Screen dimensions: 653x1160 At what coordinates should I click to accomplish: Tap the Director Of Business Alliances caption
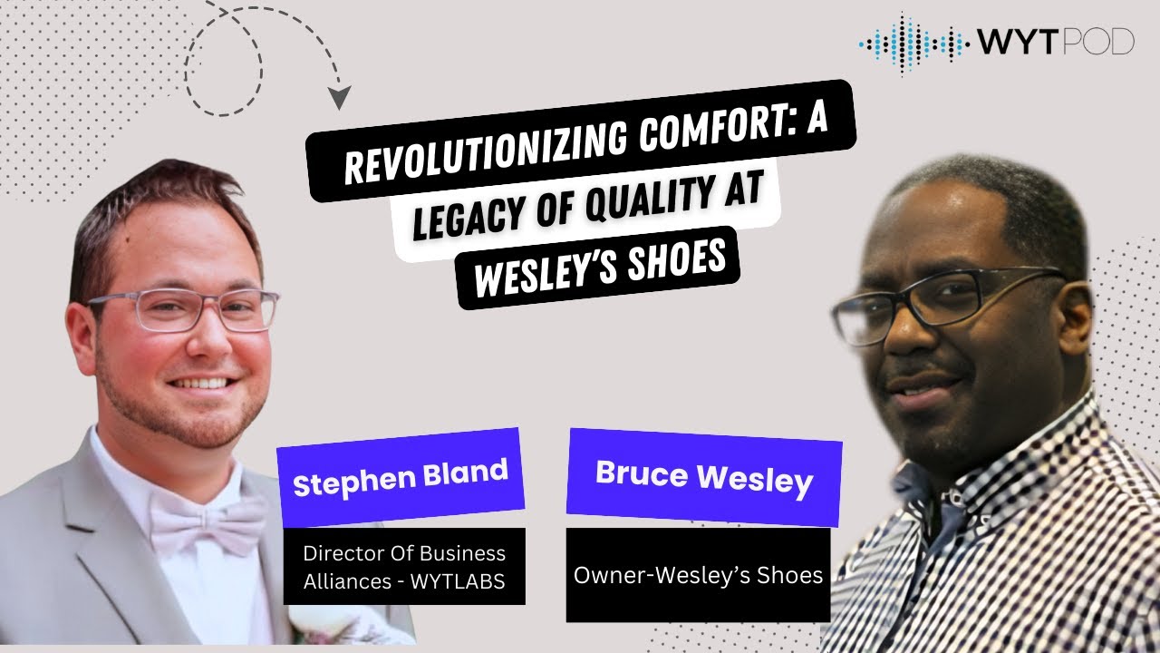(403, 566)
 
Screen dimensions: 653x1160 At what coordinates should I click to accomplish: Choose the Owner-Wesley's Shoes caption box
(698, 575)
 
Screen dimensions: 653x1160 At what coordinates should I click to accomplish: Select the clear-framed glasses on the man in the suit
(181, 310)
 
